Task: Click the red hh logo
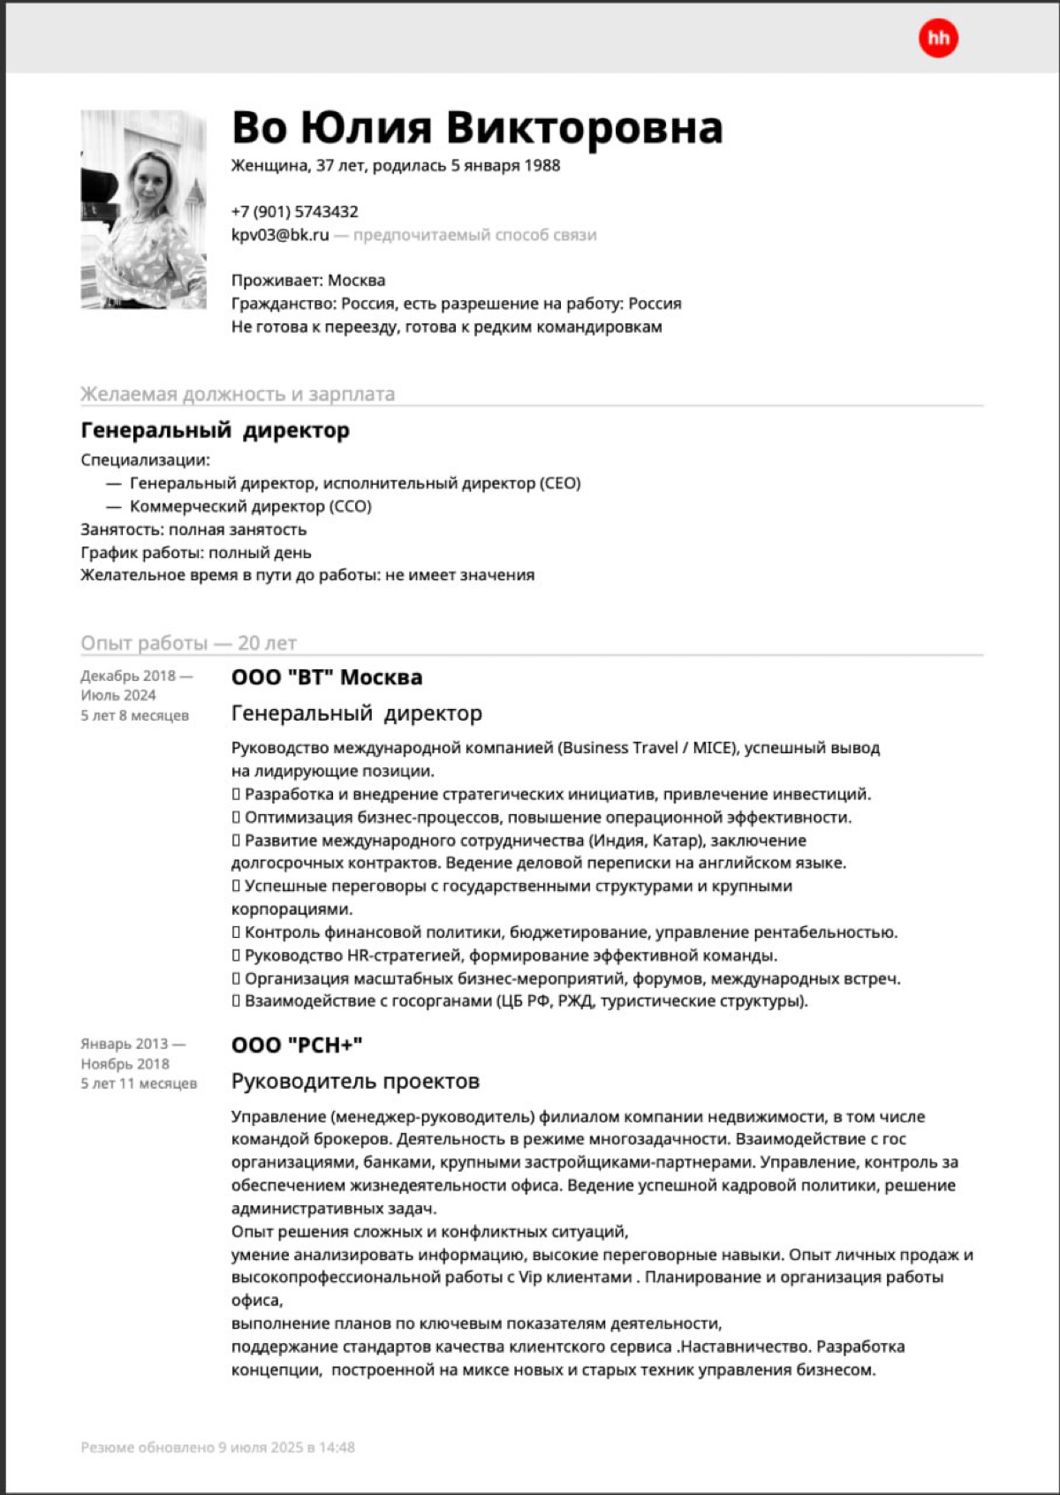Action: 937,39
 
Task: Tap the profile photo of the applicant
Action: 143,209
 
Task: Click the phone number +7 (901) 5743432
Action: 294,212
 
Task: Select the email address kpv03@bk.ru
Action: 280,235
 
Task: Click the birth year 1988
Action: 541,166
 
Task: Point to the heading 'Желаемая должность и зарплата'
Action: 238,394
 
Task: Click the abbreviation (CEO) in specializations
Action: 560,484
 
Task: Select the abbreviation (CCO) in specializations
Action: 351,507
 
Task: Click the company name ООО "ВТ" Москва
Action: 327,677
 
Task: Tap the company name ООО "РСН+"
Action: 297,1046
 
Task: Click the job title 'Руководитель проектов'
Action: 355,1082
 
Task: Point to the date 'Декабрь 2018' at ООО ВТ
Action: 128,676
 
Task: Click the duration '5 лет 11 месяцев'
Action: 139,1083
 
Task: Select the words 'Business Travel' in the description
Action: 621,748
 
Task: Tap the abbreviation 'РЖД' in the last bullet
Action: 575,1001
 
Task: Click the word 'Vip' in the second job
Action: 530,1278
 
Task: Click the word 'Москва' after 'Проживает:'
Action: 356,281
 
